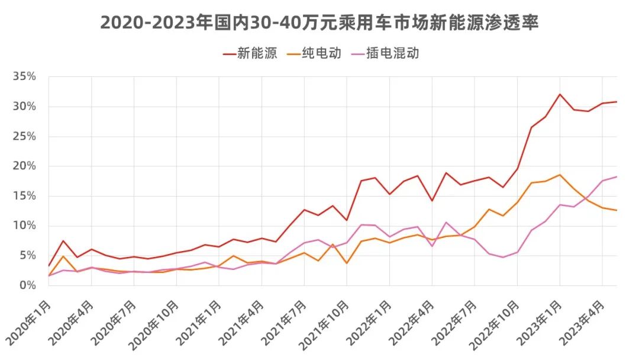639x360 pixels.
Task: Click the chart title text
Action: tap(319, 22)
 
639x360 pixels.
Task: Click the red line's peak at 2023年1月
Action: tap(560, 94)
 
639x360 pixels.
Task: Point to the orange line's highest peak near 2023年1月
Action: tap(560, 175)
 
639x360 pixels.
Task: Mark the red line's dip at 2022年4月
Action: tap(432, 201)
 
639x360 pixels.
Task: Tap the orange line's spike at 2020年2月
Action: tap(63, 256)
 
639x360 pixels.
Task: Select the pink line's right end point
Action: tap(617, 176)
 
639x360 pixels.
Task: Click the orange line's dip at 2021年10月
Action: tap(347, 263)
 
